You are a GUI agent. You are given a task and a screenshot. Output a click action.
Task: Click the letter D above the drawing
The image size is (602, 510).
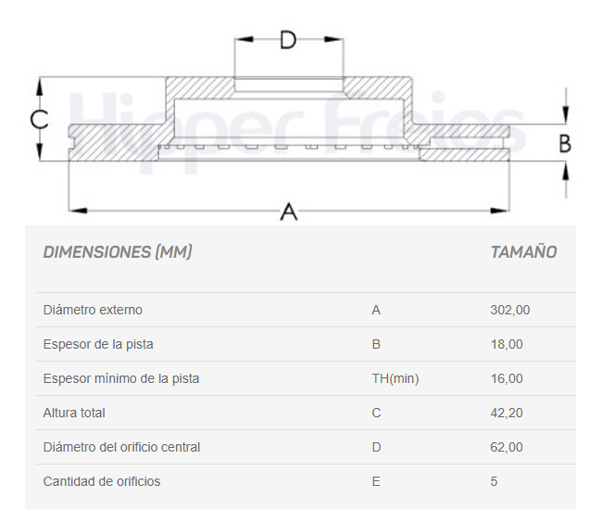[288, 40]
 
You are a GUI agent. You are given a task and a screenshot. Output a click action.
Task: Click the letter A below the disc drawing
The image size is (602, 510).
[289, 211]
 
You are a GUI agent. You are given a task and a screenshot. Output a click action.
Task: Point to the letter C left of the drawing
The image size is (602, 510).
[39, 119]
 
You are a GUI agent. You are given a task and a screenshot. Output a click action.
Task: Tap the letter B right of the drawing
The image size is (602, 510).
[565, 144]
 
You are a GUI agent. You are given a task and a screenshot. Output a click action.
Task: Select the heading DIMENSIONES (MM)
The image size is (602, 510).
[118, 252]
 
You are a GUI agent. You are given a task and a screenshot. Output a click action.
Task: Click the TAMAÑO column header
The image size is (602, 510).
[523, 251]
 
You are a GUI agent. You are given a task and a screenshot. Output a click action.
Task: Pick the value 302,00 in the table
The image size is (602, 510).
[510, 310]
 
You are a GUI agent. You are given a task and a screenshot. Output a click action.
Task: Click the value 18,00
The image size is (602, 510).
[507, 344]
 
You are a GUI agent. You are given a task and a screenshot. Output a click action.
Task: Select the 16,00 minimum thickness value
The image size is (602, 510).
[507, 378]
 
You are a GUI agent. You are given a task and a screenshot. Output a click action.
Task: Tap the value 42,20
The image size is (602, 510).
[507, 413]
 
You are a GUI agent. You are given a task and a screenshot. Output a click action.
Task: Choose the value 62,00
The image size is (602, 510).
[507, 447]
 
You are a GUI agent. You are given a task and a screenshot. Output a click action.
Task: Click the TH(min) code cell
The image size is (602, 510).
[395, 378]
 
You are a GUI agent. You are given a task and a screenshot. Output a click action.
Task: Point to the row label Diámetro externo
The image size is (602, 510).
[93, 310]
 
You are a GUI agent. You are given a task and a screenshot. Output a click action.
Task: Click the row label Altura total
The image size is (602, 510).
[74, 413]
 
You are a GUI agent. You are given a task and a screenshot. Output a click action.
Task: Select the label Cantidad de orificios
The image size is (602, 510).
[101, 481]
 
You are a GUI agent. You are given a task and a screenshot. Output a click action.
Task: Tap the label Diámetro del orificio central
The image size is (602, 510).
[121, 447]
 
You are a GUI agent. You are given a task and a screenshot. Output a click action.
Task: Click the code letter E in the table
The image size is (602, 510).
[376, 481]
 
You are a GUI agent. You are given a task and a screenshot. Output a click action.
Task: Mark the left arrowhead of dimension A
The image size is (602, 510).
[78, 210]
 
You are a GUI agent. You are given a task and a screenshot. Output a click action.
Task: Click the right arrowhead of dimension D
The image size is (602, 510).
[333, 39]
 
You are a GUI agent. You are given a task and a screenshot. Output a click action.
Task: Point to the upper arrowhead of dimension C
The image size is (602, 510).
[39, 87]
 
